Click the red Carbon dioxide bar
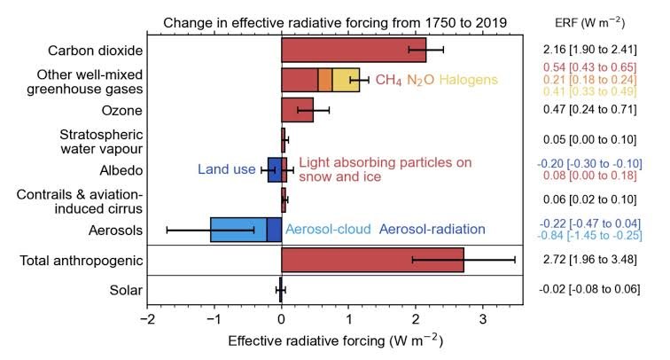coord(353,50)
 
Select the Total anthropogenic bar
coord(372,260)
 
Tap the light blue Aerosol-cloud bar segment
coord(238,229)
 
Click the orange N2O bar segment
coord(325,80)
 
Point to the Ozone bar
coord(297,110)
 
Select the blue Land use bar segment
coord(274,169)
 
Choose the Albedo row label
coord(120,169)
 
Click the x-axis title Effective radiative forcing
coord(335,340)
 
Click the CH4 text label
coord(390,81)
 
